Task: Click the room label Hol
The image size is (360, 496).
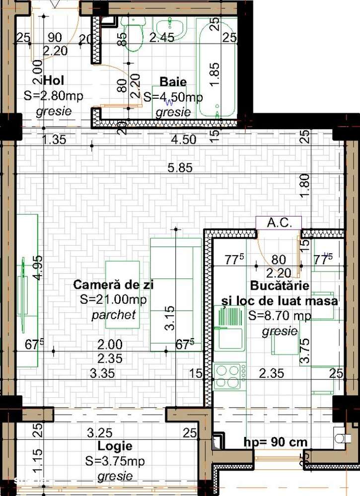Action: click(55, 80)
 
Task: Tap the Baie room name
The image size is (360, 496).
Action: click(173, 82)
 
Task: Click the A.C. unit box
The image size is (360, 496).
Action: click(278, 222)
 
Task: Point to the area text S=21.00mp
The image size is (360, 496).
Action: click(114, 299)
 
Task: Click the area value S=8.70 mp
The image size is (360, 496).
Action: click(280, 316)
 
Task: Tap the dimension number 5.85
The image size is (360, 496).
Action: click(180, 168)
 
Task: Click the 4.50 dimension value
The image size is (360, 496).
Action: click(183, 140)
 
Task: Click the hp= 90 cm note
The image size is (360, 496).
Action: click(276, 442)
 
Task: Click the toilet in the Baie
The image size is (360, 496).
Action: click(133, 32)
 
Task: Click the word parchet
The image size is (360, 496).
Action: click(114, 315)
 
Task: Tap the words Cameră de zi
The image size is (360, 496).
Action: click(113, 284)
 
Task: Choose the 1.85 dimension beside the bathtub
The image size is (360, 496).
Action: click(214, 74)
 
